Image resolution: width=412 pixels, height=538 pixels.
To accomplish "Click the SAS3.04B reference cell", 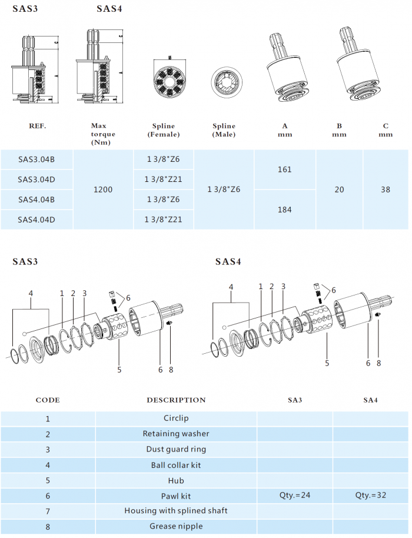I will tap(36, 159).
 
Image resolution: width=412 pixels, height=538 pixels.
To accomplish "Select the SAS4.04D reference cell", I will tap(36, 220).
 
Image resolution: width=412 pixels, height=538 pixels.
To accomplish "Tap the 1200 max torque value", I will tap(103, 190).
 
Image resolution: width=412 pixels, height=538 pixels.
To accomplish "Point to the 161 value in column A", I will tap(284, 170).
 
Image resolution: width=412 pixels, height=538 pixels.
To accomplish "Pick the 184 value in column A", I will tap(284, 210).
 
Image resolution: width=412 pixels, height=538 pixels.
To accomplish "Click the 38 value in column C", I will tap(386, 190).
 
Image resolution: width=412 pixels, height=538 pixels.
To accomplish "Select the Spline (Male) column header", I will tap(224, 130).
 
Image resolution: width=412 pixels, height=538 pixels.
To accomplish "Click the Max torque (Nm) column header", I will tap(103, 134).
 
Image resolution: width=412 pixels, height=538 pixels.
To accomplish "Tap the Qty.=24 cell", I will tap(295, 495).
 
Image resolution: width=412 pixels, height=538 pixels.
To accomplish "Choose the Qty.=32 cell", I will tap(371, 495).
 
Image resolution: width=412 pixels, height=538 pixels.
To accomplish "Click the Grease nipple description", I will tap(176, 526).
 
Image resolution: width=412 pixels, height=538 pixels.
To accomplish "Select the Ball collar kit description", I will tap(176, 464).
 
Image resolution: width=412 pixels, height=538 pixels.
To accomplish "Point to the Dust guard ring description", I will tap(176, 449).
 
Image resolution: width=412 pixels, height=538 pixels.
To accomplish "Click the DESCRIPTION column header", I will tap(176, 400).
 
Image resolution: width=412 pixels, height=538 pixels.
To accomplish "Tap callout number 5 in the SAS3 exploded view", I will tap(119, 370).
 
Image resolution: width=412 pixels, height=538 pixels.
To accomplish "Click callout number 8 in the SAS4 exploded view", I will tap(378, 363).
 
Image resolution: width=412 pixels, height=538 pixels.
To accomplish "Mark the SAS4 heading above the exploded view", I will tap(228, 261).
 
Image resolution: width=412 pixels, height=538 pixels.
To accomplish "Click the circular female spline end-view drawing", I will tap(169, 76).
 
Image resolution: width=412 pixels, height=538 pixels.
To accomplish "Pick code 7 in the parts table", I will tap(48, 510).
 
